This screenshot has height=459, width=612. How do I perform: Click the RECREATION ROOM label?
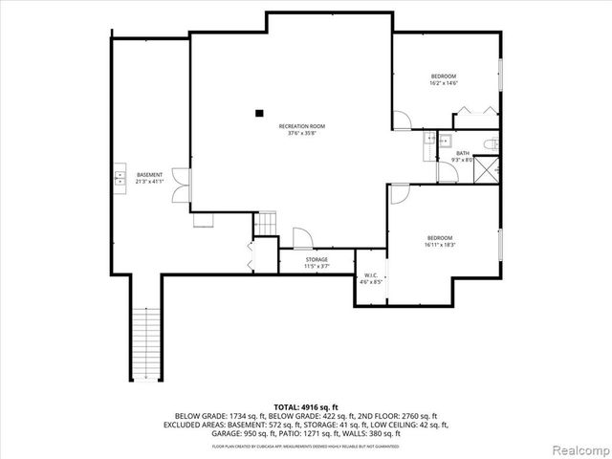click(301, 126)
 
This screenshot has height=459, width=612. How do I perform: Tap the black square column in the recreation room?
click(259, 113)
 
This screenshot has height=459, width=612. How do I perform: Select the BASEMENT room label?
click(149, 174)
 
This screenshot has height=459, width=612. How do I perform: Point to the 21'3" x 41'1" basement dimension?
click(149, 182)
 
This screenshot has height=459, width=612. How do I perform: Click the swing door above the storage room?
click(300, 239)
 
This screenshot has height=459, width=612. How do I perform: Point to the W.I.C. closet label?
click(370, 275)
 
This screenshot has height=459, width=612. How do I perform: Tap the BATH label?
click(463, 153)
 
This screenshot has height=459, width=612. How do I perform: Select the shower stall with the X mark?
click(488, 170)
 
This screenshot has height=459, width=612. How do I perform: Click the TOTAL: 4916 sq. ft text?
click(306, 407)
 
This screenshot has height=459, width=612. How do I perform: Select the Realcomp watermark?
click(578, 449)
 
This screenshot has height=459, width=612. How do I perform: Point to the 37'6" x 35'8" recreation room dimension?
click(301, 134)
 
